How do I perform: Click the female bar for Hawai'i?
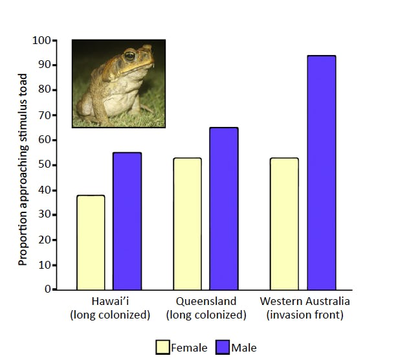point(91,242)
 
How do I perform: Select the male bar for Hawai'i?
point(127,221)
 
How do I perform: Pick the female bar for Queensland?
point(187,223)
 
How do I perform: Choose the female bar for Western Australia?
point(284,223)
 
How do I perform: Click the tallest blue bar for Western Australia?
point(321,172)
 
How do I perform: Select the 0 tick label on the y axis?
point(47,289)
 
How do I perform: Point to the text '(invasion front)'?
point(304,315)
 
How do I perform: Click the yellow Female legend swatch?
point(162,348)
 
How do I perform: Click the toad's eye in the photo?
point(129,56)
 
